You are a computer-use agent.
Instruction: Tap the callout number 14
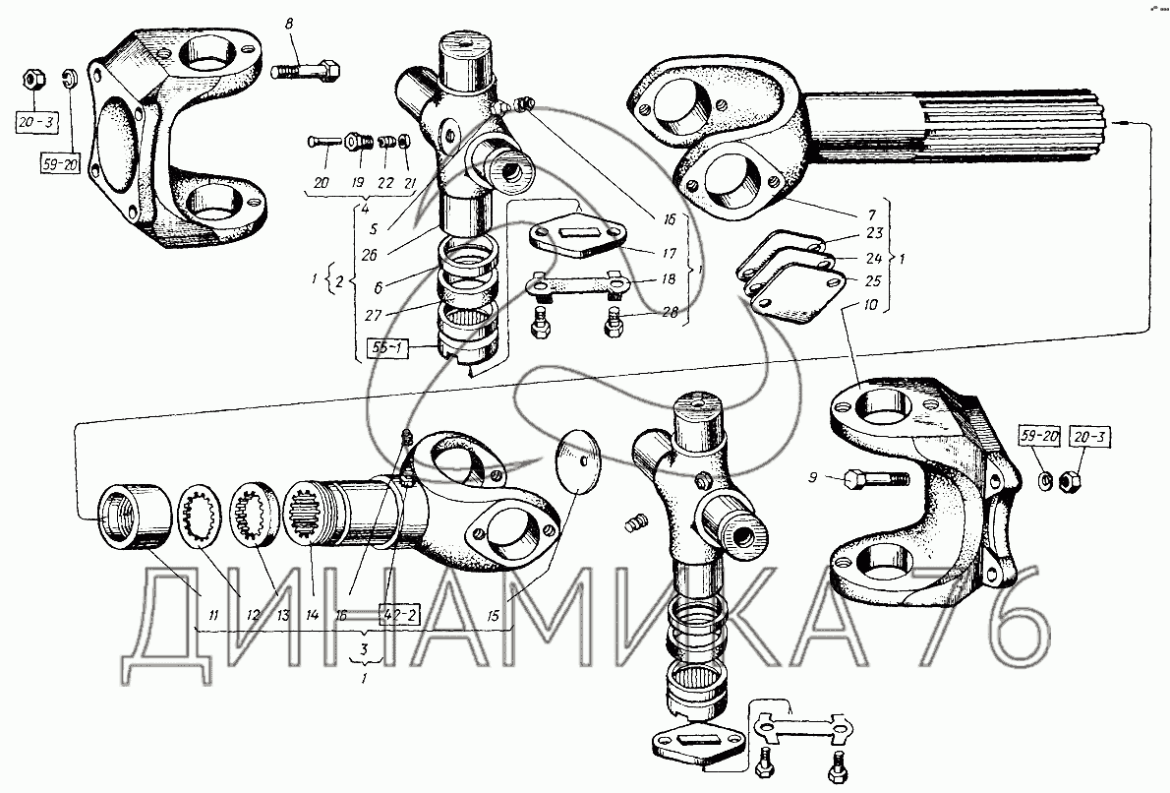coord(313,615)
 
